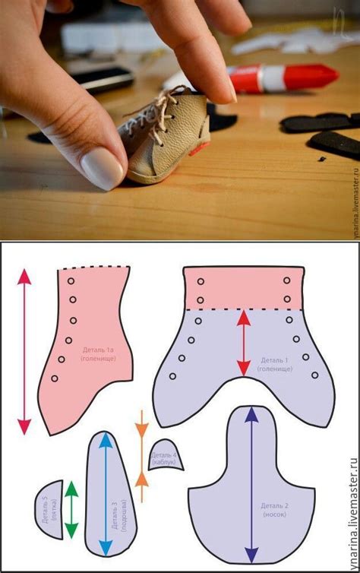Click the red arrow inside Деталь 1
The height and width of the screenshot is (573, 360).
pyautogui.click(x=243, y=342)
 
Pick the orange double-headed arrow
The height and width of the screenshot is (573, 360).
pyautogui.click(x=141, y=448)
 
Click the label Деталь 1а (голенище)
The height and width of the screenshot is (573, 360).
pyautogui.click(x=99, y=354)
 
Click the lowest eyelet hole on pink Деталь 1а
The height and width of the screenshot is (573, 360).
pyautogui.click(x=54, y=378)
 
